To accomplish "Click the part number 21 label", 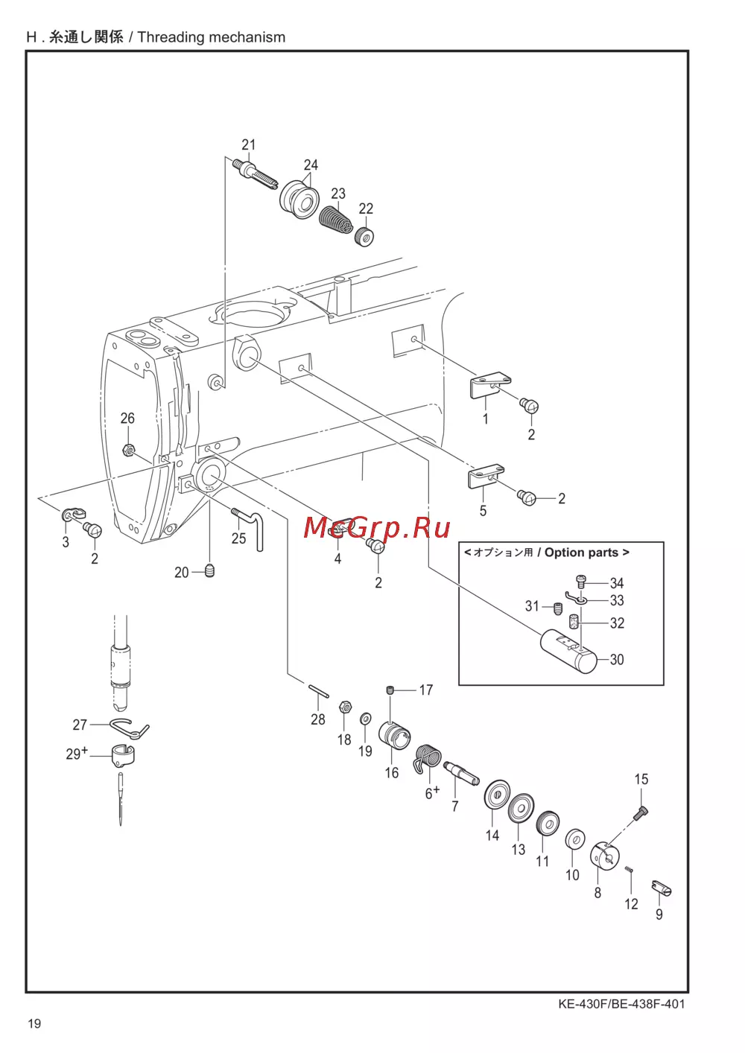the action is (248, 144).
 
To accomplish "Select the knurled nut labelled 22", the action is (364, 236).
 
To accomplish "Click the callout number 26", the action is (127, 418).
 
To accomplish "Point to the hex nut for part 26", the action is (127, 449).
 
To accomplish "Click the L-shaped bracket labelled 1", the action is (491, 386).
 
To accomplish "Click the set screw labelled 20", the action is (210, 570).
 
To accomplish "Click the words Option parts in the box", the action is (581, 553).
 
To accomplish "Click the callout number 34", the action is (617, 583).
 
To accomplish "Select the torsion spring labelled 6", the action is (428, 757).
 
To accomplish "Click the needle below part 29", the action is (121, 799).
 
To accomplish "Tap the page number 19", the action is (34, 1023).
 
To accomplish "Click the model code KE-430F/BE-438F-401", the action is (621, 1004).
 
